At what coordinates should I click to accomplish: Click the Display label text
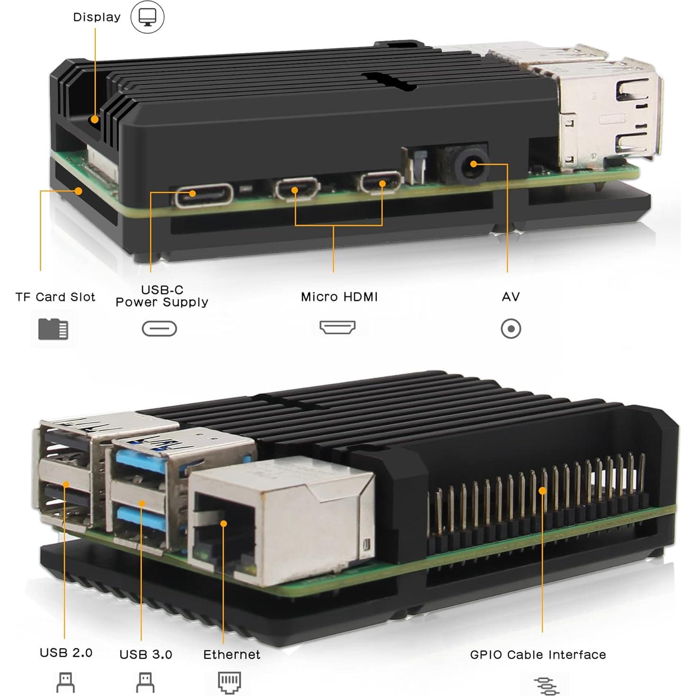[97, 17]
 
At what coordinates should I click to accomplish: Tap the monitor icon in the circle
[147, 17]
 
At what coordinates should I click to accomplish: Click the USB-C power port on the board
[204, 194]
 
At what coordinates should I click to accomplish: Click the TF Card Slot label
[55, 297]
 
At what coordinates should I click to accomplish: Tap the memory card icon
[53, 329]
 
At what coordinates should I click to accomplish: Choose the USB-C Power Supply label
[162, 296]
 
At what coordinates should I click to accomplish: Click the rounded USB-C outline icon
[159, 329]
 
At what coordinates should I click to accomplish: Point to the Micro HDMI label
[339, 297]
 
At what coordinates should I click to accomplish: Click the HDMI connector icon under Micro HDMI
[337, 327]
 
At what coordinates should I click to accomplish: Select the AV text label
[511, 297]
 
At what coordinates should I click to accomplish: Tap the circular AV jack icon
[511, 329]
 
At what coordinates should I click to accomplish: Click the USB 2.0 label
[66, 653]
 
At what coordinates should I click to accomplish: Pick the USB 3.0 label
[146, 655]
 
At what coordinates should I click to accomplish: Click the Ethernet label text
[231, 655]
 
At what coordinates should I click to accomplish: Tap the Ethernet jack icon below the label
[229, 682]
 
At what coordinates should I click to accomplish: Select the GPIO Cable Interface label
[538, 655]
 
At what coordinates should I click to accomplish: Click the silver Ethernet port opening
[223, 524]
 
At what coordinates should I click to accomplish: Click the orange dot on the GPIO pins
[542, 491]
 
